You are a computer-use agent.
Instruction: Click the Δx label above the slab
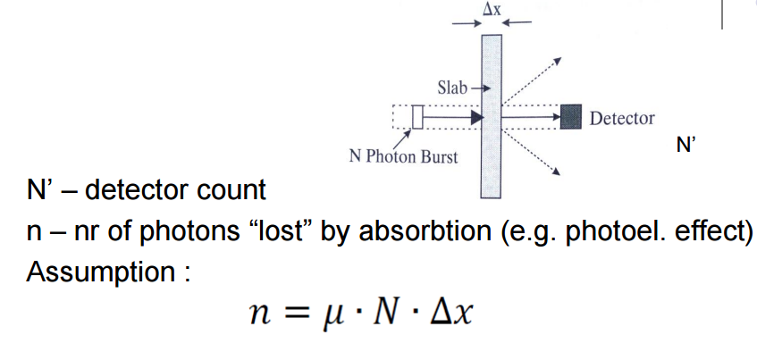click(492, 8)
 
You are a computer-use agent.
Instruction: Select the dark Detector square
click(570, 117)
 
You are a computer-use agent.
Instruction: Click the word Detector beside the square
click(622, 118)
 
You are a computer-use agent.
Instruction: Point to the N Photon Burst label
click(402, 157)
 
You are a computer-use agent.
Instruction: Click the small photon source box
click(416, 117)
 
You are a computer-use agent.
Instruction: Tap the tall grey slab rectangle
click(491, 116)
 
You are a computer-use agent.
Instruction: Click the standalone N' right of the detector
click(686, 147)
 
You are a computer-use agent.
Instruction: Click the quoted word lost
click(287, 230)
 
